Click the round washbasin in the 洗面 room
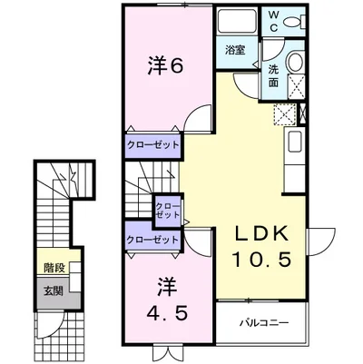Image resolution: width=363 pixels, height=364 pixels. [295, 63]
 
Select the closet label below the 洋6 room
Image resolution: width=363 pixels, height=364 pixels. [153, 144]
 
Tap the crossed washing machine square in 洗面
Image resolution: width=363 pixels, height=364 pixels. [295, 87]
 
